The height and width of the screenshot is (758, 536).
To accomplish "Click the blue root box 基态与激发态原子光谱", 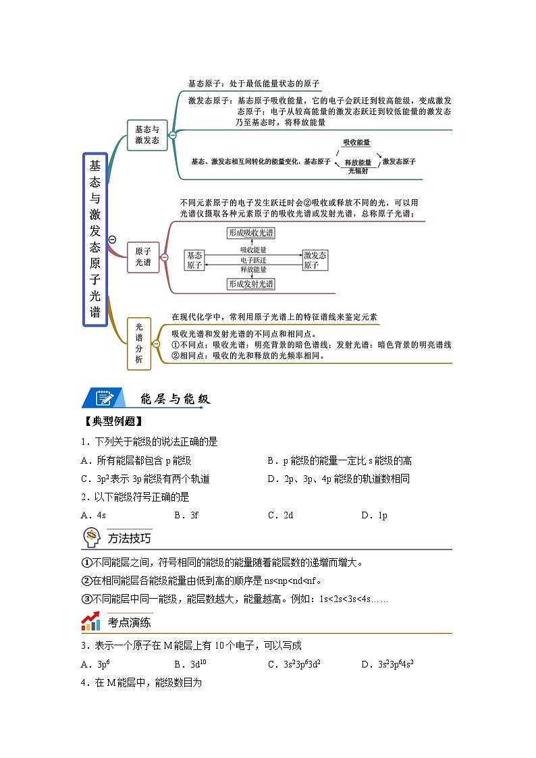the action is tap(95, 239).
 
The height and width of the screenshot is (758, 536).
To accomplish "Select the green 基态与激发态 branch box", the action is tap(147, 135).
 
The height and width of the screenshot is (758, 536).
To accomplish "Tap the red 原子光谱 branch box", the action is tap(143, 257).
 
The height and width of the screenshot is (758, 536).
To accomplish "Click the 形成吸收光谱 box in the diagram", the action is tap(250, 233).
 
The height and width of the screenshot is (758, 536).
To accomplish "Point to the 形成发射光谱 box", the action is tap(250, 284).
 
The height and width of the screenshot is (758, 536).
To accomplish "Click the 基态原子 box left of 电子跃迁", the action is tap(194, 260).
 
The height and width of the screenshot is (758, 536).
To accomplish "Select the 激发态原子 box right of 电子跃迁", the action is tap(315, 260).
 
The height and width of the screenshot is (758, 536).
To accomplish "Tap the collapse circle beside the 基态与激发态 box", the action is tap(173, 135).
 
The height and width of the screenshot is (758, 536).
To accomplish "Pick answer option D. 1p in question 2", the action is tap(374, 515).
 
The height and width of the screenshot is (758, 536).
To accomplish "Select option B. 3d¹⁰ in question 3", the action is tap(190, 664).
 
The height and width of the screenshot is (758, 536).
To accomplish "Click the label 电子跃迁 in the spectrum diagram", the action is tap(253, 259).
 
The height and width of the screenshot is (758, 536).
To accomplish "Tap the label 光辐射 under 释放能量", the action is tap(358, 171).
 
